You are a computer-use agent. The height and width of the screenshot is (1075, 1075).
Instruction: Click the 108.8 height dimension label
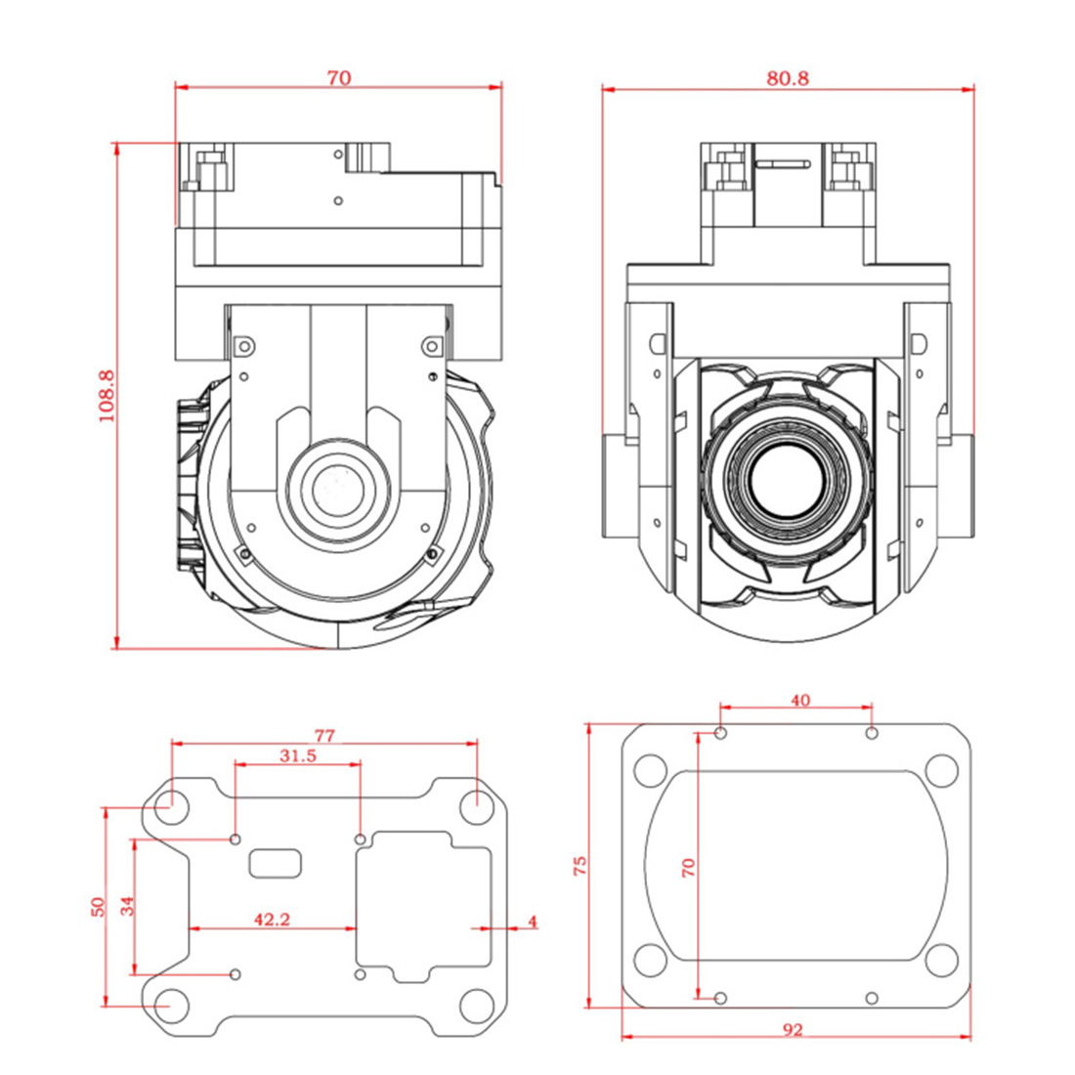(107, 396)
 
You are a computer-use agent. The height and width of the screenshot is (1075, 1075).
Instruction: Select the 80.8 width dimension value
(788, 78)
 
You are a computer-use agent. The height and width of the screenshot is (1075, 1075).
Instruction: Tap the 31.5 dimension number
(298, 755)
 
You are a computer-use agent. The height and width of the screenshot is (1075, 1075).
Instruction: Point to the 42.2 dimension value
(273, 919)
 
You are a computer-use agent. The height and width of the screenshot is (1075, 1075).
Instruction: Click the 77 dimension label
(325, 736)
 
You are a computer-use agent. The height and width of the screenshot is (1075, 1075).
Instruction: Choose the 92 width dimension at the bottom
(793, 1030)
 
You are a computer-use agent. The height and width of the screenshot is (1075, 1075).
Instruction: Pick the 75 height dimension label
(580, 865)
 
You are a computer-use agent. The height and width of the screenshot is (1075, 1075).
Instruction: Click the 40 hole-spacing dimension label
(800, 700)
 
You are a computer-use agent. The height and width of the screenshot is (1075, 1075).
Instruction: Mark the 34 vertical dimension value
(127, 906)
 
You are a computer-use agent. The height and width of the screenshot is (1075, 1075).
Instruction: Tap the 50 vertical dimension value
(99, 907)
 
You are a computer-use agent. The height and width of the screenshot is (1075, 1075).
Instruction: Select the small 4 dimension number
(533, 922)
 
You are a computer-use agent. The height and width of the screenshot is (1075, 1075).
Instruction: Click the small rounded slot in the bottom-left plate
(275, 863)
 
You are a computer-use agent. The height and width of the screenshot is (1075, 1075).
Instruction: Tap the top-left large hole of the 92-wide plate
(650, 771)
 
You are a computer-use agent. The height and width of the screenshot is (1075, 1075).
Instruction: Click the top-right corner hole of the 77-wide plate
(477, 807)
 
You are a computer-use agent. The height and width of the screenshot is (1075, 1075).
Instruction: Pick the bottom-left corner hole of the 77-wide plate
(171, 1006)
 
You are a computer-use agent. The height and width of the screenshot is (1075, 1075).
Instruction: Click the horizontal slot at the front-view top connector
(783, 164)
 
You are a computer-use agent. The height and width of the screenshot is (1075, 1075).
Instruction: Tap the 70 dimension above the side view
(339, 78)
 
